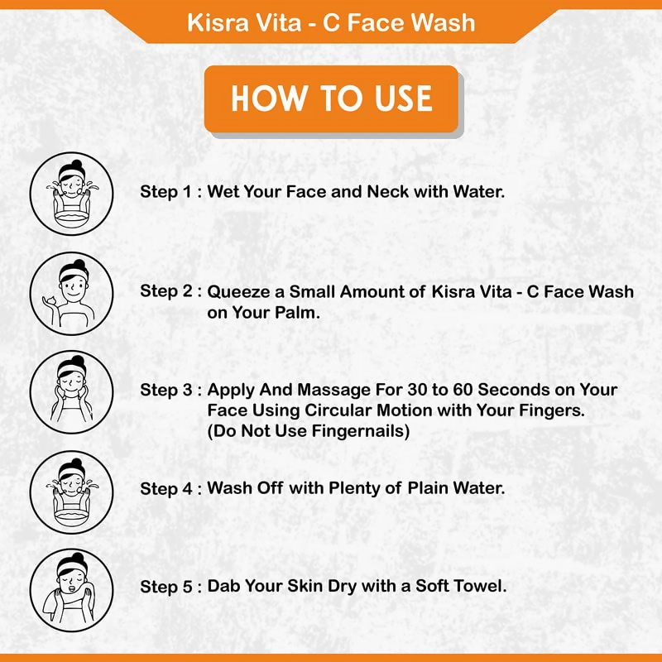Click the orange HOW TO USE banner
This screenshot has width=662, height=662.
(331, 98)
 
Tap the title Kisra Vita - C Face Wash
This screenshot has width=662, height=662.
(331, 22)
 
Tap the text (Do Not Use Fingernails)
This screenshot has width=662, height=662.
(309, 431)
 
